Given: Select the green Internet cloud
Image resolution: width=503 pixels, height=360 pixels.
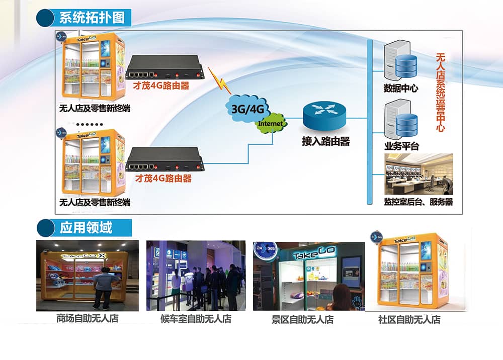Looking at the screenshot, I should click(271, 123).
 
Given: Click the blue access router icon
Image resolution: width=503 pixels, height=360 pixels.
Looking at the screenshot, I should click(324, 117).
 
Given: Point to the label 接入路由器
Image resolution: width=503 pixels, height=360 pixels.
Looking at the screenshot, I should click(325, 142).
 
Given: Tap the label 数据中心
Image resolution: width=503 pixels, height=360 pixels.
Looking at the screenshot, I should click(400, 88).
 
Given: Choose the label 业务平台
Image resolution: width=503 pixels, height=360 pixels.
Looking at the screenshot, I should click(401, 146).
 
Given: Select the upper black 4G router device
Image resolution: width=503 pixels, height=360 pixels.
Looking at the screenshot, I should click(164, 67).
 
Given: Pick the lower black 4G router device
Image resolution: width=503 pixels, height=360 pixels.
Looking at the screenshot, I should click(164, 160).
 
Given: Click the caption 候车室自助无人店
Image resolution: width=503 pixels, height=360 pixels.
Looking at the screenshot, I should click(196, 319).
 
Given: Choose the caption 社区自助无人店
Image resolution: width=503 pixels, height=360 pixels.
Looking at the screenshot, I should click(409, 319).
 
